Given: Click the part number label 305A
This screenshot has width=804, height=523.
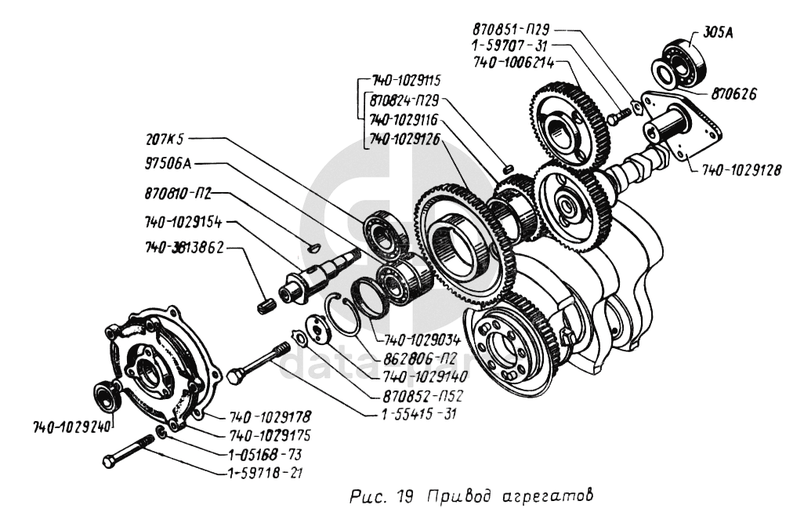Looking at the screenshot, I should coord(726,32).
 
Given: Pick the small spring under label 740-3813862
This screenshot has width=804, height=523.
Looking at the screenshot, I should coord(266,303).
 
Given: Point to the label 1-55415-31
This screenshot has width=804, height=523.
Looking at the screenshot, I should coord(413,413).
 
